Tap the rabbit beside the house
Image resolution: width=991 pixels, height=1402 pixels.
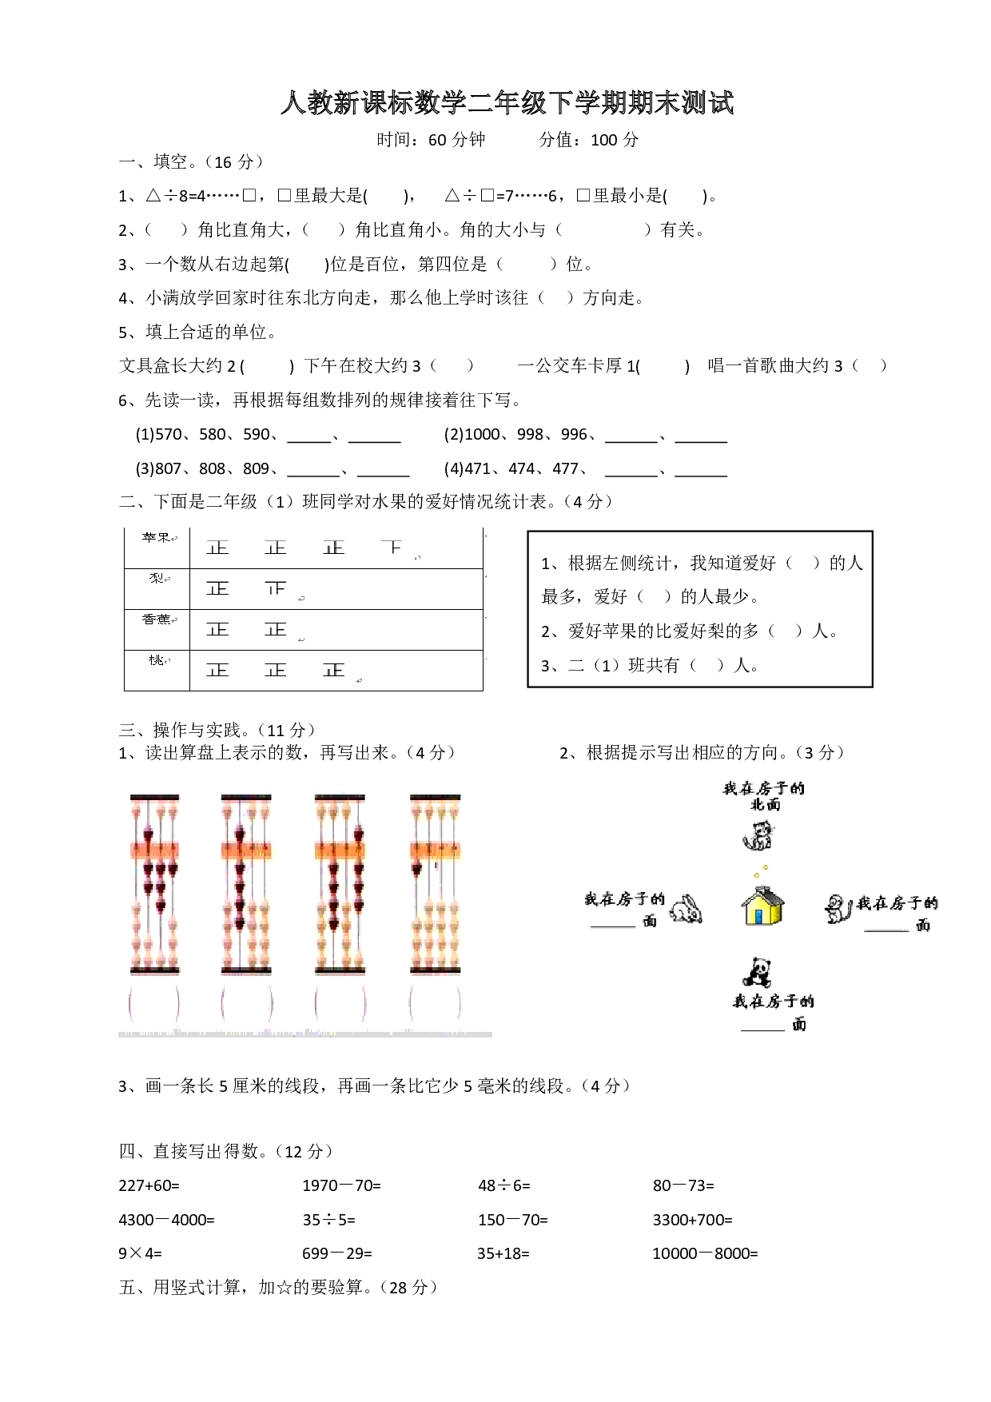tap(686, 909)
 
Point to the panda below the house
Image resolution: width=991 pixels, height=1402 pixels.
tap(757, 973)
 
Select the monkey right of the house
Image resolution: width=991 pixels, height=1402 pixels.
tap(838, 909)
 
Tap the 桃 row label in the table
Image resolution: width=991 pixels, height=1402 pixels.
tap(157, 660)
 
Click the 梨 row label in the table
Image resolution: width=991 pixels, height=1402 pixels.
tap(157, 579)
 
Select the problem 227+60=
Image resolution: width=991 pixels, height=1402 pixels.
tap(149, 1185)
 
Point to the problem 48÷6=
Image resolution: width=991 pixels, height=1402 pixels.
tap(503, 1185)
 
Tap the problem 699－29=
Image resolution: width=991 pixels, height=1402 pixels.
tap(336, 1253)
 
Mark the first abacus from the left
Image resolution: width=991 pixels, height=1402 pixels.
tap(155, 884)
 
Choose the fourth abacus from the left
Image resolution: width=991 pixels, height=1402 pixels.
tap(436, 884)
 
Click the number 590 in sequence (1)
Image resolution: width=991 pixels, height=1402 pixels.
tap(257, 435)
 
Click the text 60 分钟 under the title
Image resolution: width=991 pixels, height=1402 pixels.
tap(456, 140)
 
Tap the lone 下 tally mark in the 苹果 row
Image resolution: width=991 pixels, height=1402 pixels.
tap(392, 548)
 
